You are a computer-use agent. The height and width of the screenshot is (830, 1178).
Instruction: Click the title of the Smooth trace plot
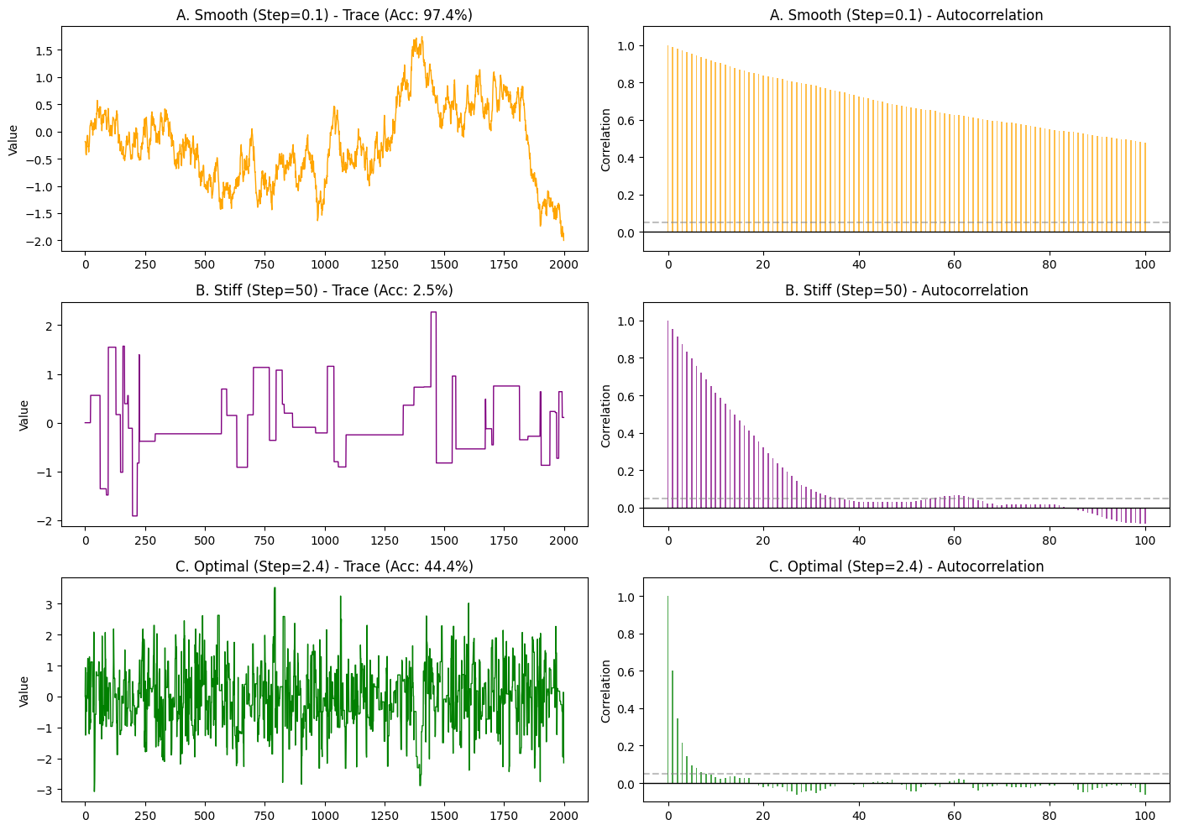point(324,15)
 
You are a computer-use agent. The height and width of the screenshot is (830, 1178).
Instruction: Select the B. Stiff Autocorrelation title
point(906,290)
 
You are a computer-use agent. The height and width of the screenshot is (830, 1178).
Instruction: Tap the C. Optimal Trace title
point(324,566)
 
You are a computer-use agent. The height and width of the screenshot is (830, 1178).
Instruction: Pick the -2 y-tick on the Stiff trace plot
point(69,521)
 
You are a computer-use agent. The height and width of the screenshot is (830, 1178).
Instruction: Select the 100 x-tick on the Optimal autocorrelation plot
point(1145,817)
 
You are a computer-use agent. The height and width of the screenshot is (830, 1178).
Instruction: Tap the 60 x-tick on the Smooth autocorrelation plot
point(954,264)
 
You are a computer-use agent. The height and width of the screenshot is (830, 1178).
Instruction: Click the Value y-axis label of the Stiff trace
point(24,415)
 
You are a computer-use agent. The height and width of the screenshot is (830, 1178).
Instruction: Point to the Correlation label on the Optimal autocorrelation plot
point(606,692)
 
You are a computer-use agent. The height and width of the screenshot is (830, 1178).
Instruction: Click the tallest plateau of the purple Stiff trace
point(433,313)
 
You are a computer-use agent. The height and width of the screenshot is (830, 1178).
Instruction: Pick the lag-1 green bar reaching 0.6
point(673,726)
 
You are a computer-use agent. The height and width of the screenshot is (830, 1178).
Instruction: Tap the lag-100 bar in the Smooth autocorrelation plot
point(1145,187)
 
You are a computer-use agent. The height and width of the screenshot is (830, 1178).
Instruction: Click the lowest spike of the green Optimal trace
point(94,790)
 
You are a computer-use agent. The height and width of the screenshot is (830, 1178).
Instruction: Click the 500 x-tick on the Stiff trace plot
point(204,540)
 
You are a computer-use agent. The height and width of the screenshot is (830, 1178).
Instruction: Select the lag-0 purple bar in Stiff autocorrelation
point(668,415)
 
